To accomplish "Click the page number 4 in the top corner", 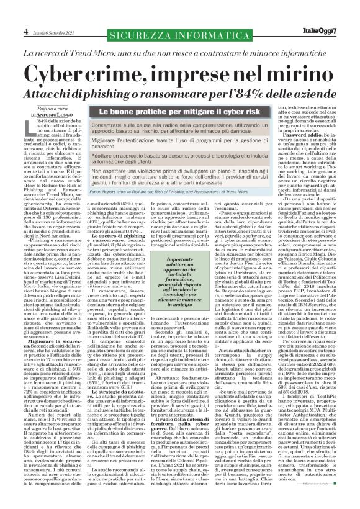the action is (9, 13).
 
